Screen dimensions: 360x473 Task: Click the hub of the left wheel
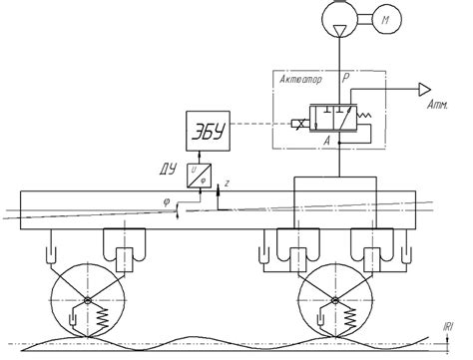[89, 299]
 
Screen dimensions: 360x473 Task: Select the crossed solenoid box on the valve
[297, 126]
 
